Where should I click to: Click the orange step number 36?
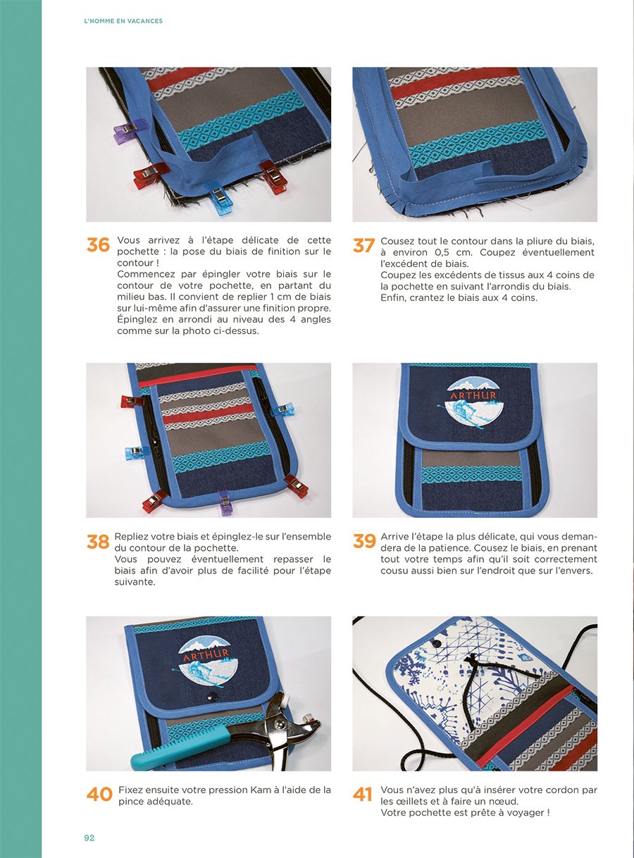click(x=98, y=244)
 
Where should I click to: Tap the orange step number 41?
click(x=363, y=794)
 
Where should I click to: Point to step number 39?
click(x=364, y=541)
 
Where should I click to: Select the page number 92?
click(x=89, y=838)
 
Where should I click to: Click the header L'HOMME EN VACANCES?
click(x=123, y=21)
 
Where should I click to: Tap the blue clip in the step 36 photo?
click(x=219, y=198)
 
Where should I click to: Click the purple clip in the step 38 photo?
click(x=225, y=503)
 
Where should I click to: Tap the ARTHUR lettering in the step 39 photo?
click(x=473, y=395)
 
